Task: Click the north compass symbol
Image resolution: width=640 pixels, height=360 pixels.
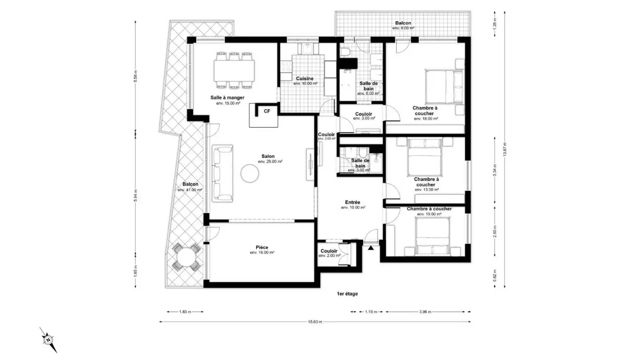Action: coord(48,340)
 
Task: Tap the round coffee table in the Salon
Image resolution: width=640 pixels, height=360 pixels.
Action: coord(249,174)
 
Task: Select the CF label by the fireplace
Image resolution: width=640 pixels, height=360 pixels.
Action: coord(267,111)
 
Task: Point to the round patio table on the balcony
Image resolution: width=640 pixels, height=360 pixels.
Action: coord(186,257)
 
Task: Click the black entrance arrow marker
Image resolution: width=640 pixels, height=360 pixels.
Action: coord(370,248)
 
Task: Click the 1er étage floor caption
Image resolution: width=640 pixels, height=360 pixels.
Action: coord(347,294)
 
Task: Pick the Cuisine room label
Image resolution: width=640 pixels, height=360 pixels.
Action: coord(305,78)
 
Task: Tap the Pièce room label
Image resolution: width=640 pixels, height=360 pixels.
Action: coord(262,247)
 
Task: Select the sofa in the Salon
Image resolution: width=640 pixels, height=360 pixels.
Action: coord(223,173)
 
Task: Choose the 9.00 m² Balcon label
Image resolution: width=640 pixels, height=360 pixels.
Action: coord(403,24)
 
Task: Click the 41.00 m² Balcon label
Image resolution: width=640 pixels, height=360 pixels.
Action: coord(190,184)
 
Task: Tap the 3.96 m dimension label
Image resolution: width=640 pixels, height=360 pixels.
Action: coord(425,312)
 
